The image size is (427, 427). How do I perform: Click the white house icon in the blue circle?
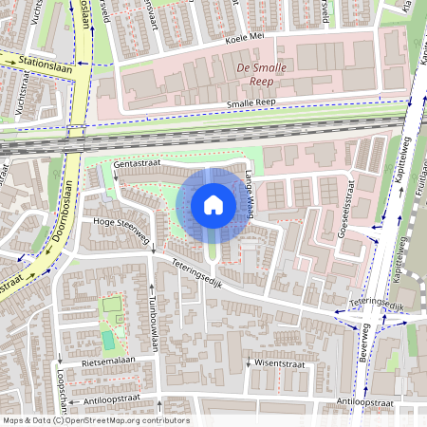(x=213, y=204)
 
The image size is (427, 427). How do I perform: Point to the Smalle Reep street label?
(x=251, y=104)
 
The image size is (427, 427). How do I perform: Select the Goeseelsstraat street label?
(x=338, y=203)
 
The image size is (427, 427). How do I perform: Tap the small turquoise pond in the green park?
(x=108, y=339)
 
